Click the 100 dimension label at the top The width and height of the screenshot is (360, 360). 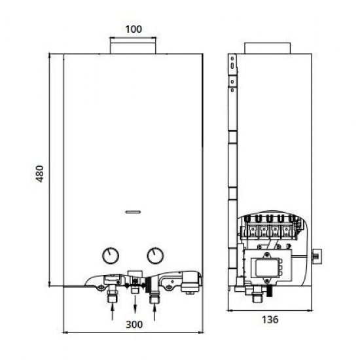pyautogui.click(x=134, y=29)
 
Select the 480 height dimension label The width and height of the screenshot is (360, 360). pyautogui.click(x=40, y=173)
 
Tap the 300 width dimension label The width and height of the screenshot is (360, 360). pyautogui.click(x=134, y=325)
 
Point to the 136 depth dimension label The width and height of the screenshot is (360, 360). pyautogui.click(x=270, y=319)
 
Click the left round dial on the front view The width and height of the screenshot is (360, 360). pyautogui.click(x=111, y=255)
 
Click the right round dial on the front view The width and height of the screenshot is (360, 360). pyautogui.click(x=155, y=255)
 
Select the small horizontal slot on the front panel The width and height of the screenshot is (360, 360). pyautogui.click(x=133, y=212)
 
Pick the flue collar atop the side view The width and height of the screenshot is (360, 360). pyautogui.click(x=268, y=48)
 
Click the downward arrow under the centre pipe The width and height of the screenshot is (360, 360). pyautogui.click(x=135, y=305)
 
